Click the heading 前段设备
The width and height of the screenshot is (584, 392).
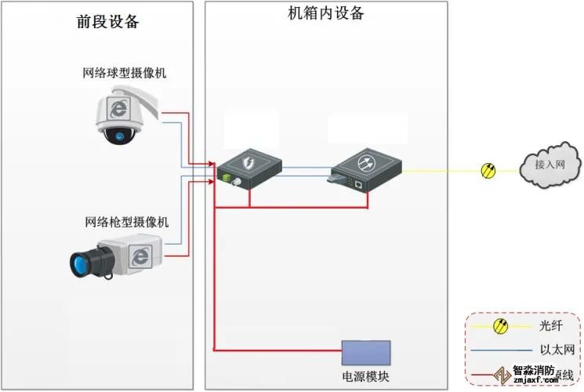108,21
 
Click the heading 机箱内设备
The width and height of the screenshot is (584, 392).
326,13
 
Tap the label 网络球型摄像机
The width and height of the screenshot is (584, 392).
125,74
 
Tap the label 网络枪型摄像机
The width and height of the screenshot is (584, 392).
126,223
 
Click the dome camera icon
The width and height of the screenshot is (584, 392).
125,115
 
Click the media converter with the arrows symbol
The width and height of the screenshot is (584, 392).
366,168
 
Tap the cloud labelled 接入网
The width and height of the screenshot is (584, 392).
550,165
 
